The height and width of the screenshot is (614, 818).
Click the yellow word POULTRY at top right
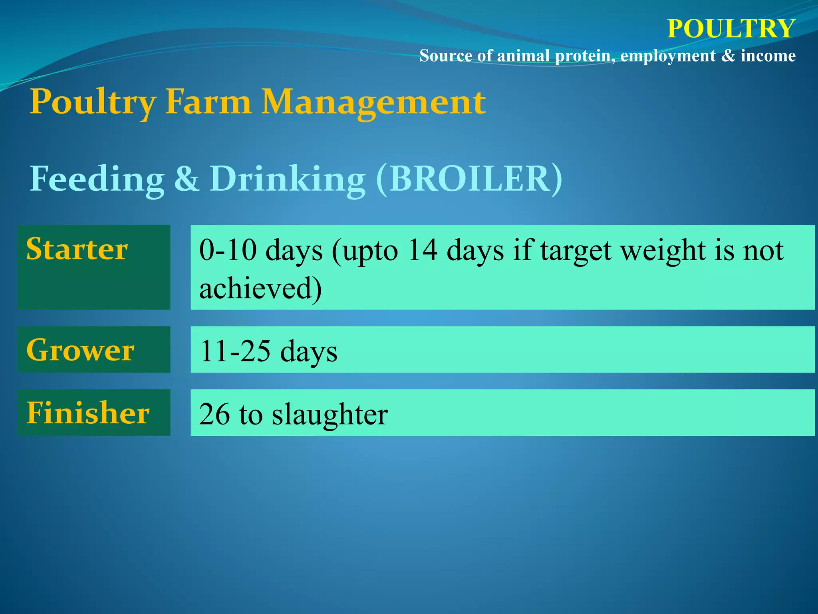(x=731, y=29)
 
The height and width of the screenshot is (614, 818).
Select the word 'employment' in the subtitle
(x=667, y=56)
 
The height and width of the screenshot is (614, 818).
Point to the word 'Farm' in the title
(x=208, y=102)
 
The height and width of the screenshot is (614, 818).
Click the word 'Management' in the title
(x=373, y=102)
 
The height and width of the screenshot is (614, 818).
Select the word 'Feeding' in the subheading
(x=97, y=179)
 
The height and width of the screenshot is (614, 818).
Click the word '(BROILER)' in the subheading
(x=469, y=179)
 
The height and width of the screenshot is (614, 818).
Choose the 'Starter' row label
(x=77, y=249)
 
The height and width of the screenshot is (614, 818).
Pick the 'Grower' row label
(x=80, y=350)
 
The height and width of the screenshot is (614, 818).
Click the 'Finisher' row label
(x=88, y=413)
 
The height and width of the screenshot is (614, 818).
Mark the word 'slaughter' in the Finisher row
(x=330, y=414)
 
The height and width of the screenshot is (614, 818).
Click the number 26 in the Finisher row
(x=214, y=414)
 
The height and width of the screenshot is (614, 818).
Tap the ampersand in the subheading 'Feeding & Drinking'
(x=187, y=179)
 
